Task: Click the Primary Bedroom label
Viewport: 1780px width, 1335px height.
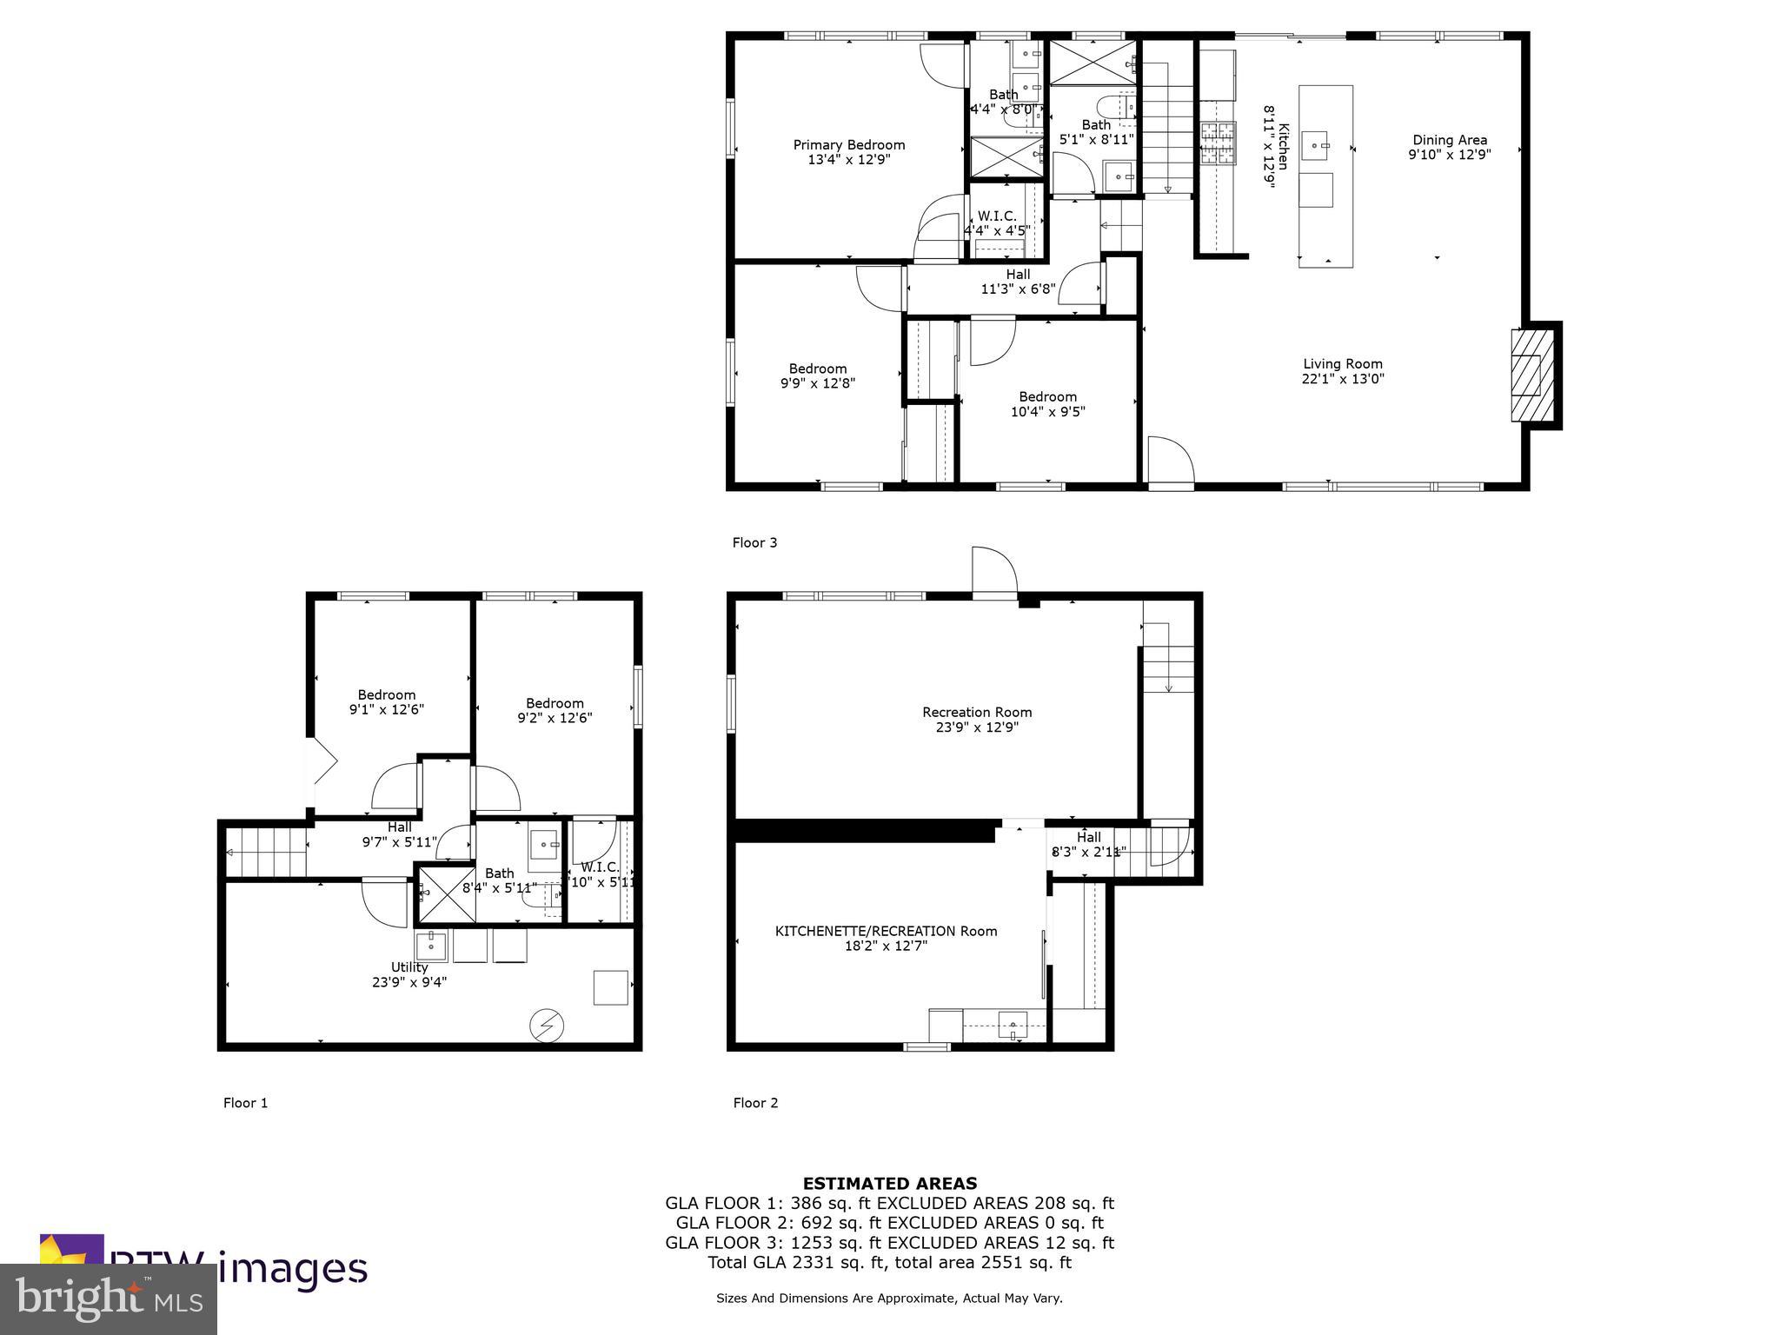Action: [x=848, y=145]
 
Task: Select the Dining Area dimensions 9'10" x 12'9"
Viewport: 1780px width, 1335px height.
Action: [x=1449, y=155]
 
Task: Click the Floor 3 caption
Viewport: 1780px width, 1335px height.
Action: [x=754, y=542]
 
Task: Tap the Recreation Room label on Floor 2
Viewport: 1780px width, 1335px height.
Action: [x=977, y=712]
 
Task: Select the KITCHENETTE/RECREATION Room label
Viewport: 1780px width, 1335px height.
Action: [x=886, y=931]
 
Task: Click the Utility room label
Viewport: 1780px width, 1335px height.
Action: [x=408, y=967]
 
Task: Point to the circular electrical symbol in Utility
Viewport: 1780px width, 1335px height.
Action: [x=547, y=1026]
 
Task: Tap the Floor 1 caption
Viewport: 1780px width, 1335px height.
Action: [x=245, y=1103]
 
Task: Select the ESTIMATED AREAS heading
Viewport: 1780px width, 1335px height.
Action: [x=889, y=1183]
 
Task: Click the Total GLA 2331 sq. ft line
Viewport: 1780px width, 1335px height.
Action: [x=889, y=1263]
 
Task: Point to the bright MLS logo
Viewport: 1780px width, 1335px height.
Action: [x=109, y=1299]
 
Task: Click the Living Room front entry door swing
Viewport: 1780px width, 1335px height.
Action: [x=1169, y=462]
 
